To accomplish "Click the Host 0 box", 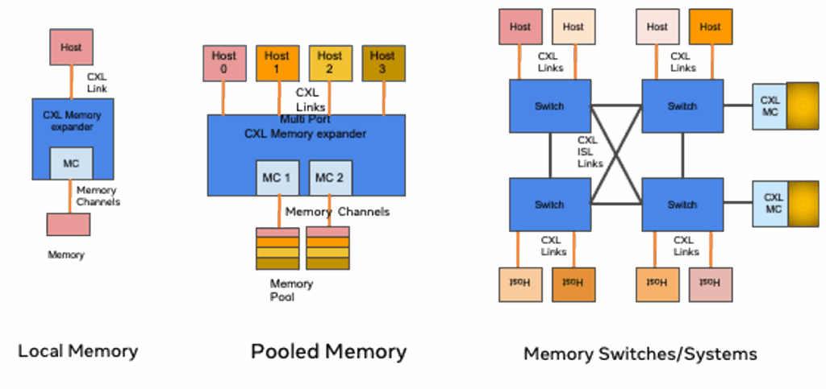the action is (224, 63).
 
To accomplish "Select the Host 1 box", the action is (277, 63).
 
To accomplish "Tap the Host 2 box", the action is (330, 63).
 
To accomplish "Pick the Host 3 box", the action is (383, 63).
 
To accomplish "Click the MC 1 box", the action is (277, 178).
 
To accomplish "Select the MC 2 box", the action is (330, 178).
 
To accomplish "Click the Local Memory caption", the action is (78, 350).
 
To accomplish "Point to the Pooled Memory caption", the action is (329, 351).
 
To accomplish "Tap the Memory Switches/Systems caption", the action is (640, 354).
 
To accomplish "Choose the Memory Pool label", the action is (291, 290).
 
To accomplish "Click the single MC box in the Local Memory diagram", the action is (71, 163).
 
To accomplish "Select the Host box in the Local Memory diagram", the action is (71, 48).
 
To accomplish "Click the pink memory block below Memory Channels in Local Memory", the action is (69, 225).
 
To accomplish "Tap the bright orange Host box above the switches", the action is (711, 27).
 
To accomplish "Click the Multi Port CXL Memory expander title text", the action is (305, 126).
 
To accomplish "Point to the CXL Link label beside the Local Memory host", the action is (97, 83).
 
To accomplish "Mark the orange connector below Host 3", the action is (383, 97).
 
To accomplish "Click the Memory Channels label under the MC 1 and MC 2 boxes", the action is (338, 212).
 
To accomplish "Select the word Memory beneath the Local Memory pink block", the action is (66, 255).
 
